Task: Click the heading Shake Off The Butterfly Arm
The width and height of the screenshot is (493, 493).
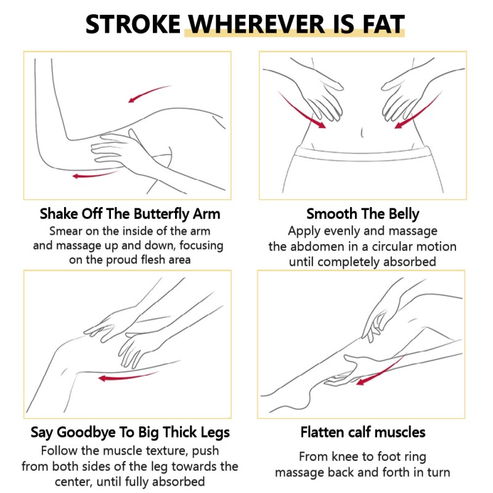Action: [130, 214]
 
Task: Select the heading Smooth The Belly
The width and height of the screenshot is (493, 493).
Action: [362, 214]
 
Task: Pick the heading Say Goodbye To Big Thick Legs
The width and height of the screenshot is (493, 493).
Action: [130, 433]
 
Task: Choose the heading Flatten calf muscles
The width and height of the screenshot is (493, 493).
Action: [363, 432]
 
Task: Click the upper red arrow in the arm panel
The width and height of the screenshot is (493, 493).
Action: [150, 94]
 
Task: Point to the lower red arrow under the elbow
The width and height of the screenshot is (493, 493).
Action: [95, 174]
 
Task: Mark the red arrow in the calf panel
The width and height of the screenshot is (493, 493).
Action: [380, 371]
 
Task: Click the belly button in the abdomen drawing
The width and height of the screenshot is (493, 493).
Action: [362, 132]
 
